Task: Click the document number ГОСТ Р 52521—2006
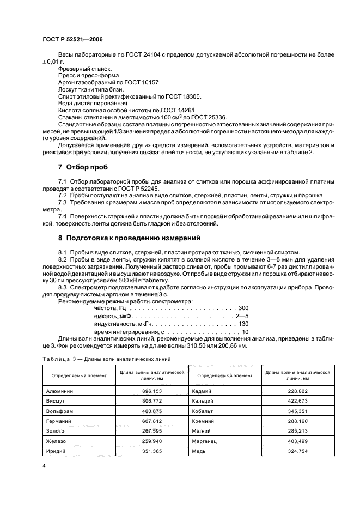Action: click(72, 40)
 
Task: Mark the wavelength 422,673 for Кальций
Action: click(298, 400)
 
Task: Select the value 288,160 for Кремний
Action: click(298, 420)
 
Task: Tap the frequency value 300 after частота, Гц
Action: click(243, 308)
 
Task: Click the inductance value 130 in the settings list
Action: click(243, 324)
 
